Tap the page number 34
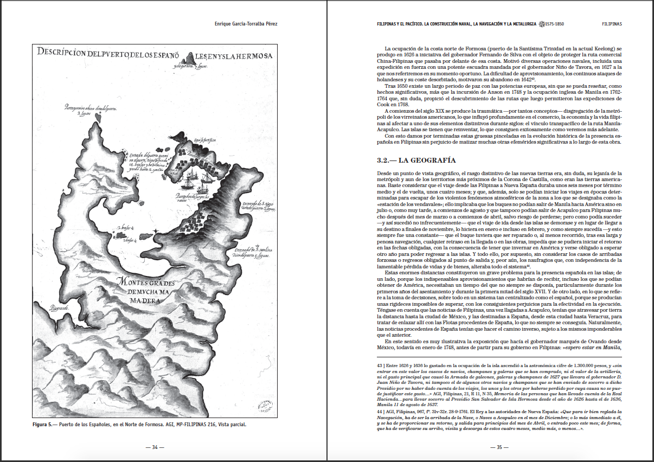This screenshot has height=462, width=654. tap(155, 447)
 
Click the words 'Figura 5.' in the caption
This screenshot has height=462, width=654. tap(44, 424)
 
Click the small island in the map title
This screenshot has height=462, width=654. tap(193, 57)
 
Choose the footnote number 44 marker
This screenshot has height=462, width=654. tap(380, 412)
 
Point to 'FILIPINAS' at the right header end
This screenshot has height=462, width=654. tap(611, 24)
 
